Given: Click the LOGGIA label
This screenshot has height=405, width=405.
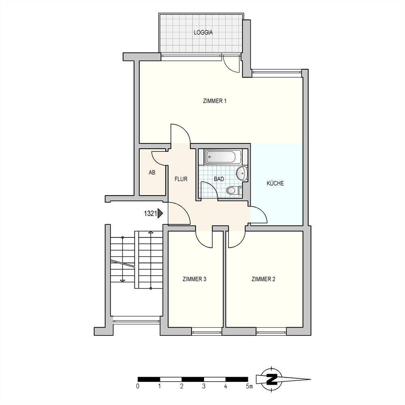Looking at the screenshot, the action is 203,33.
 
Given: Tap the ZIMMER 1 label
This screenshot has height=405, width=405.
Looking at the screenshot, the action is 215,101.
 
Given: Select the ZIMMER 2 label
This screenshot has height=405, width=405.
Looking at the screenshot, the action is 263,279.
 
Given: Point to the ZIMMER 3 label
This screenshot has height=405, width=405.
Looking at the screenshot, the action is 194,279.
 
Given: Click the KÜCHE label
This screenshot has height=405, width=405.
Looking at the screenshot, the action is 275,183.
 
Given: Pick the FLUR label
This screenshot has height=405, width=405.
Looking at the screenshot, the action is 181,179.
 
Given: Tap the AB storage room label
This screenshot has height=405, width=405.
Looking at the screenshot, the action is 152,173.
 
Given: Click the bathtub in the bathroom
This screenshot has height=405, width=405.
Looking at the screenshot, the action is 223,157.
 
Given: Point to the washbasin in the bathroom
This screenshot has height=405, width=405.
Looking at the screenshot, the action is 242,173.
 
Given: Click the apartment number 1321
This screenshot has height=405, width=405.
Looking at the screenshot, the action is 150,213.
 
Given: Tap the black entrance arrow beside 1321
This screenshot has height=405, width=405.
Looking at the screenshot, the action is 161,213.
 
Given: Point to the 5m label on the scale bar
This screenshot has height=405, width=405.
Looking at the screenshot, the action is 249,386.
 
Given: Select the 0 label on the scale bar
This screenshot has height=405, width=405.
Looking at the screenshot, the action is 138,386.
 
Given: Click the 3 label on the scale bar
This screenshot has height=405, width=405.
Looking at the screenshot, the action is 204,386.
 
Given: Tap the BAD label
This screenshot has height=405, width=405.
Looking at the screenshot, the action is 219,179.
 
